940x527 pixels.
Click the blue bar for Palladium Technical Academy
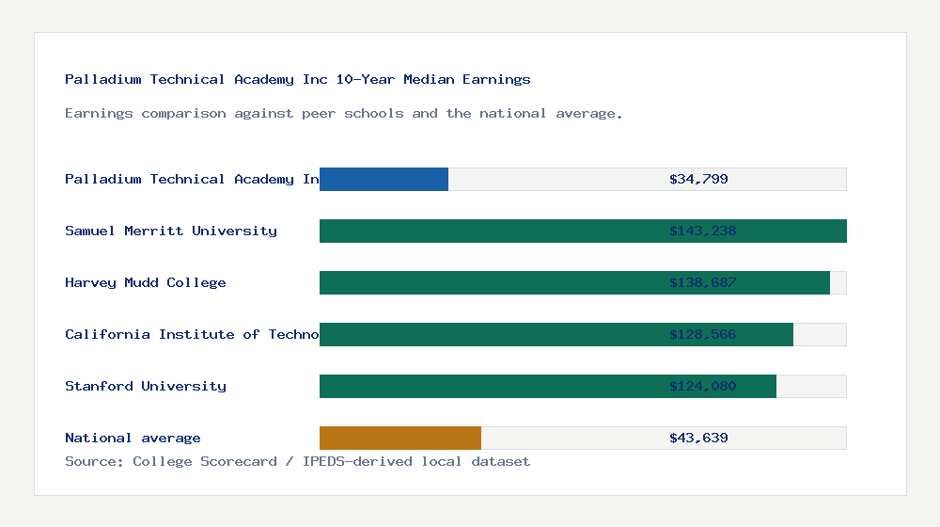(x=384, y=179)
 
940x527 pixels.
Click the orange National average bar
(x=400, y=438)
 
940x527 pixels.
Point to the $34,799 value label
(x=698, y=179)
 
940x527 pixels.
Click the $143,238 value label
(x=702, y=231)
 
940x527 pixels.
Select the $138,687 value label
(x=702, y=282)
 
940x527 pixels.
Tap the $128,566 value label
(x=702, y=334)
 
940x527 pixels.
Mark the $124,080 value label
(x=702, y=386)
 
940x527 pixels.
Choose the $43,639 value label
(x=698, y=438)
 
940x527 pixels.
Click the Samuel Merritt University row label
(x=171, y=231)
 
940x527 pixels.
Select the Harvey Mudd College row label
(x=146, y=282)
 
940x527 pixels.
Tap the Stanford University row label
(x=146, y=386)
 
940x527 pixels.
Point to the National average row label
(x=133, y=438)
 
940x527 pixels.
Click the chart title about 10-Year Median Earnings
(x=298, y=79)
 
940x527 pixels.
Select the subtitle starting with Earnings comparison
(x=344, y=113)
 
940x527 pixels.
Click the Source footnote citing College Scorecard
(x=297, y=461)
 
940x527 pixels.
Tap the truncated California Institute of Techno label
(x=192, y=334)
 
